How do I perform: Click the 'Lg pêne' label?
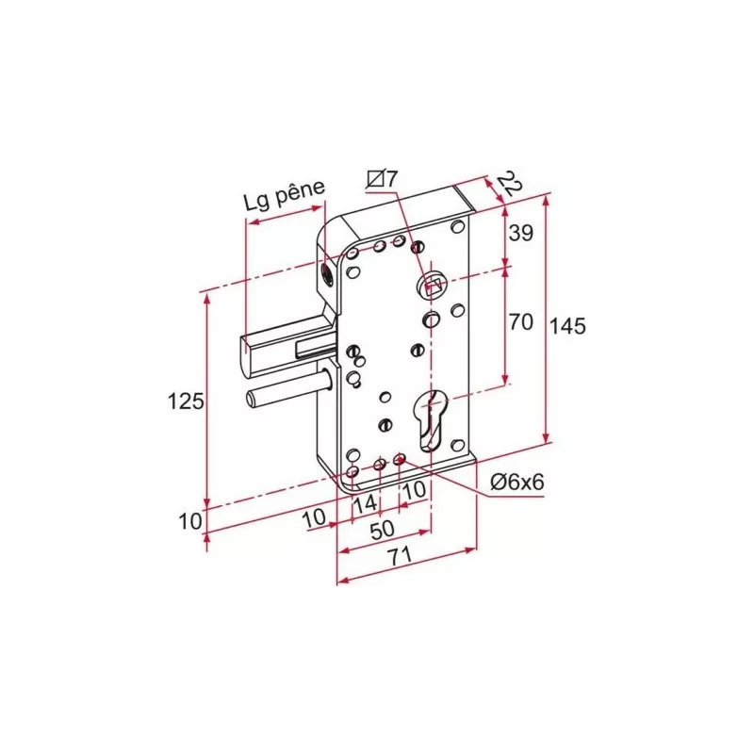pos(283,200)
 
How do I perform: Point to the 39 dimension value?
pos(520,233)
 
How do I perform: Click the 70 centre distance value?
pos(520,322)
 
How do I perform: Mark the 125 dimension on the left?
pos(186,402)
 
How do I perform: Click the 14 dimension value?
pos(365,503)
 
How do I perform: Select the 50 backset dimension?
pos(382,530)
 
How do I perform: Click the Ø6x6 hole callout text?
pos(517,482)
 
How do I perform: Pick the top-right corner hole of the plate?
pos(457,226)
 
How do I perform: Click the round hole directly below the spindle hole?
pos(430,320)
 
